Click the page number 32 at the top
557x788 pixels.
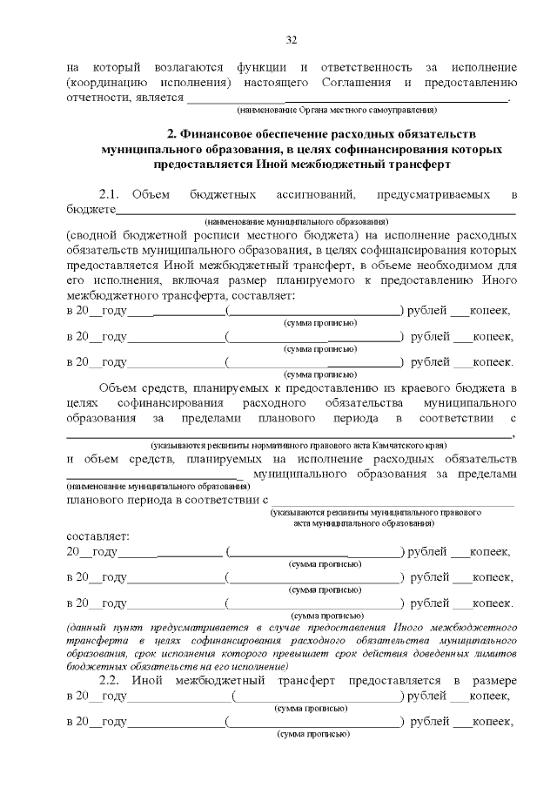(x=292, y=39)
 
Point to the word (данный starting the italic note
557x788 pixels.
(x=89, y=627)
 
